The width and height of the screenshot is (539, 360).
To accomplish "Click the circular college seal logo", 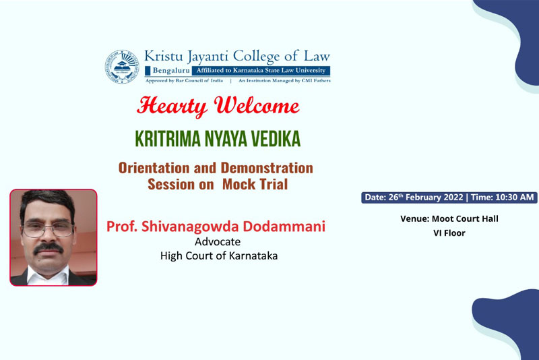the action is tap(122, 67).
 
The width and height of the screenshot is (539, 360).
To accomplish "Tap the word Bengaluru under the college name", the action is tap(171, 71).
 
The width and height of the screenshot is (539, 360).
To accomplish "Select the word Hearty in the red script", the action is tap(172, 107).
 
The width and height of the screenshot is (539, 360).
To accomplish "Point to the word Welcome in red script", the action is tap(257, 105).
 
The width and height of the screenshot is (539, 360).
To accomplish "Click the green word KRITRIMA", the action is tap(168, 139).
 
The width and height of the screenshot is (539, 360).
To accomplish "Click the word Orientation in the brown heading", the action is tap(154, 168).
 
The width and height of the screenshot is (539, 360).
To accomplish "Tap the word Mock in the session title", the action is tap(239, 184).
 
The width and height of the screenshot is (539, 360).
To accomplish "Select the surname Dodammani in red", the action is tap(284, 227).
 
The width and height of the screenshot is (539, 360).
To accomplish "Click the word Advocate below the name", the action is tap(218, 242).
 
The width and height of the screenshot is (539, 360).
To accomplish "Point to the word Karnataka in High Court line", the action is tap(253, 256).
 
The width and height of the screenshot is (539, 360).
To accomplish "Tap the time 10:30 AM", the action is tap(515, 198).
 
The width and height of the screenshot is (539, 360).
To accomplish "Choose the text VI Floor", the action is tap(449, 233).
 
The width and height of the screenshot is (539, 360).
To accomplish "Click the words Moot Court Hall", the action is tap(465, 218).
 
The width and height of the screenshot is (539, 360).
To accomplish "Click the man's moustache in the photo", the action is tap(48, 247).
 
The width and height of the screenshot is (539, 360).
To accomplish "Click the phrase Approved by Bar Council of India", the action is tap(184, 81).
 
